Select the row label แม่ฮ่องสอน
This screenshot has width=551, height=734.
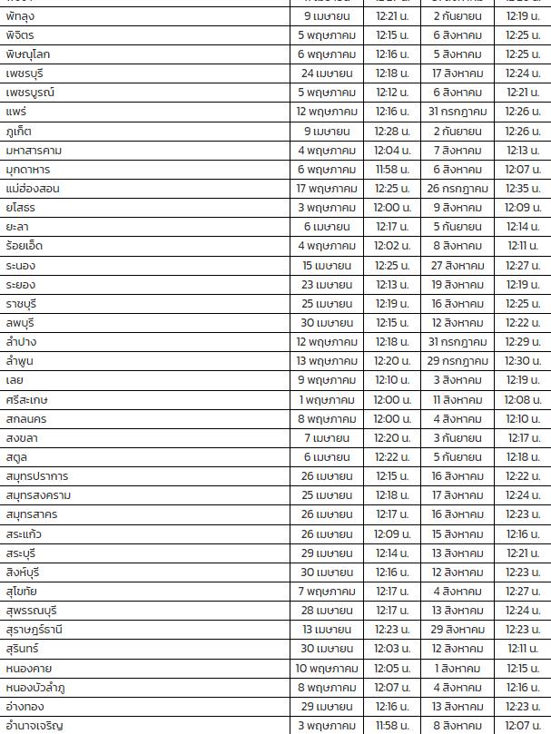[33, 189]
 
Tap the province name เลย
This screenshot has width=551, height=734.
[15, 380]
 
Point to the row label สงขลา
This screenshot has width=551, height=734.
[22, 438]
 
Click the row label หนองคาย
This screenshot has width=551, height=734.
[26, 668]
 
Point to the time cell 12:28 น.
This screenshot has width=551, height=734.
[392, 132]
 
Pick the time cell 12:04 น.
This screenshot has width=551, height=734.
[392, 151]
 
